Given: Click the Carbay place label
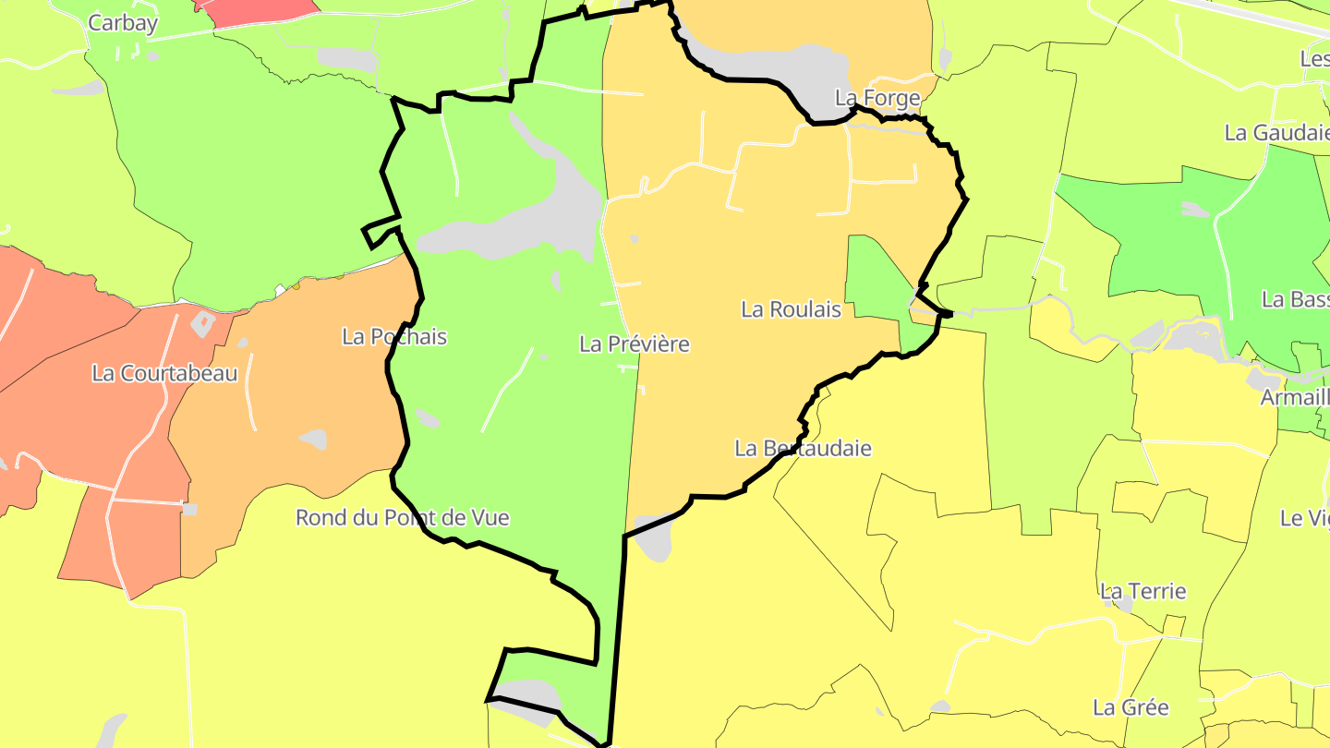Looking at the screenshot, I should pyautogui.click(x=123, y=23).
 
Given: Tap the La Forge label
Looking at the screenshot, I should pyautogui.click(x=877, y=98).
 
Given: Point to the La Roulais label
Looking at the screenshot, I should pyautogui.click(x=791, y=309).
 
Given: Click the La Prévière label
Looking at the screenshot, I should pyautogui.click(x=635, y=344).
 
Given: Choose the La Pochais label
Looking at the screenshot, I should pyautogui.click(x=394, y=337).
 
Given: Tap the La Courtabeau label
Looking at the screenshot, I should pyautogui.click(x=164, y=374).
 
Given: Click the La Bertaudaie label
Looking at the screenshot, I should pyautogui.click(x=803, y=449).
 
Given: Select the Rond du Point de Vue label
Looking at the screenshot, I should pyautogui.click(x=402, y=518).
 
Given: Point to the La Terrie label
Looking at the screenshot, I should pyautogui.click(x=1143, y=591).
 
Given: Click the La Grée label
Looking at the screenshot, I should pyautogui.click(x=1130, y=708).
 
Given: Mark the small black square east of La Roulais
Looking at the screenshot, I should pyautogui.click(x=945, y=315).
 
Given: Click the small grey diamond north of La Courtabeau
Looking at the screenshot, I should pyautogui.click(x=203, y=323).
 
